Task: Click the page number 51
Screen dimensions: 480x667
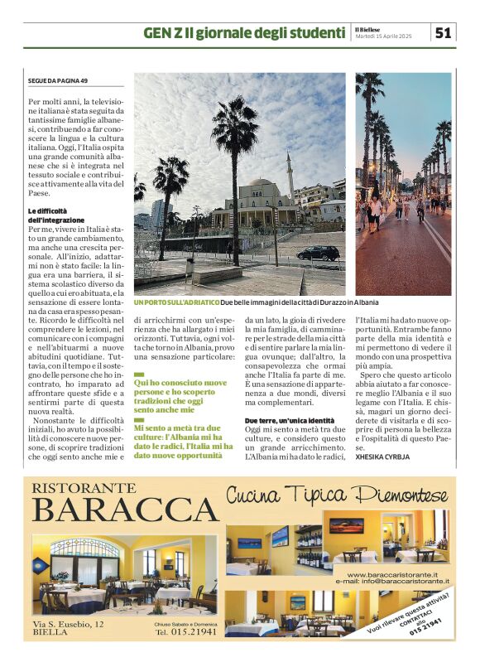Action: pos(444,32)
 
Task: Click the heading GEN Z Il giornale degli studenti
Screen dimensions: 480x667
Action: pos(244,33)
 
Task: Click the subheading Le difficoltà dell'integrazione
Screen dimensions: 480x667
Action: pos(53,215)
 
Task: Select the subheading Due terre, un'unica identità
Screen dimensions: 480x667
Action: pos(289,422)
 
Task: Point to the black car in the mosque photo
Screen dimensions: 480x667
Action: pos(317,253)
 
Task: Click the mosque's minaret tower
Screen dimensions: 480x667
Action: pos(290,176)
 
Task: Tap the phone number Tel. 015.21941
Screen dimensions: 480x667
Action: pos(186,631)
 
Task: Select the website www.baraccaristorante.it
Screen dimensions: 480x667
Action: pos(398,574)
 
